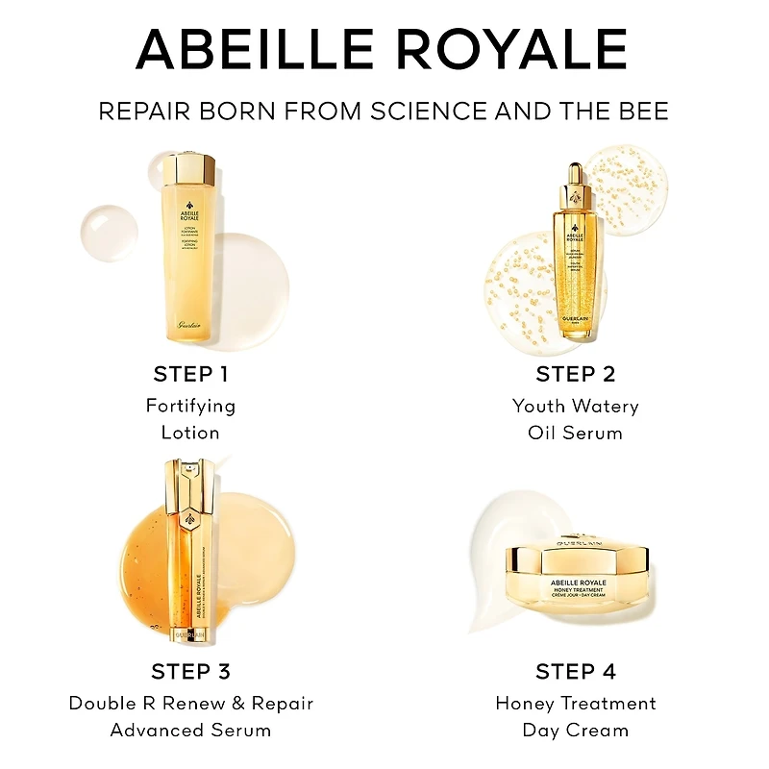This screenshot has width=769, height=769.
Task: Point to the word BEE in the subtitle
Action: point(643,112)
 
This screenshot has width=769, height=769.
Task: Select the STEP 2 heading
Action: point(575,374)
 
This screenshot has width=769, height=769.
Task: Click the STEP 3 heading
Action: point(190,671)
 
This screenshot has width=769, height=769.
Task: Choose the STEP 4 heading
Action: point(575,671)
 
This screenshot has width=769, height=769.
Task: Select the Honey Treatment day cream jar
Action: point(576,585)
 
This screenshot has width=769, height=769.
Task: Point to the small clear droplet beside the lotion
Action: point(110,231)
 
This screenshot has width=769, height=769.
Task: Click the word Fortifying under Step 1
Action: point(190,406)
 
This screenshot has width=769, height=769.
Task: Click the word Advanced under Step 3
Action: point(155,731)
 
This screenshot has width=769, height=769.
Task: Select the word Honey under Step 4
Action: point(525,704)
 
